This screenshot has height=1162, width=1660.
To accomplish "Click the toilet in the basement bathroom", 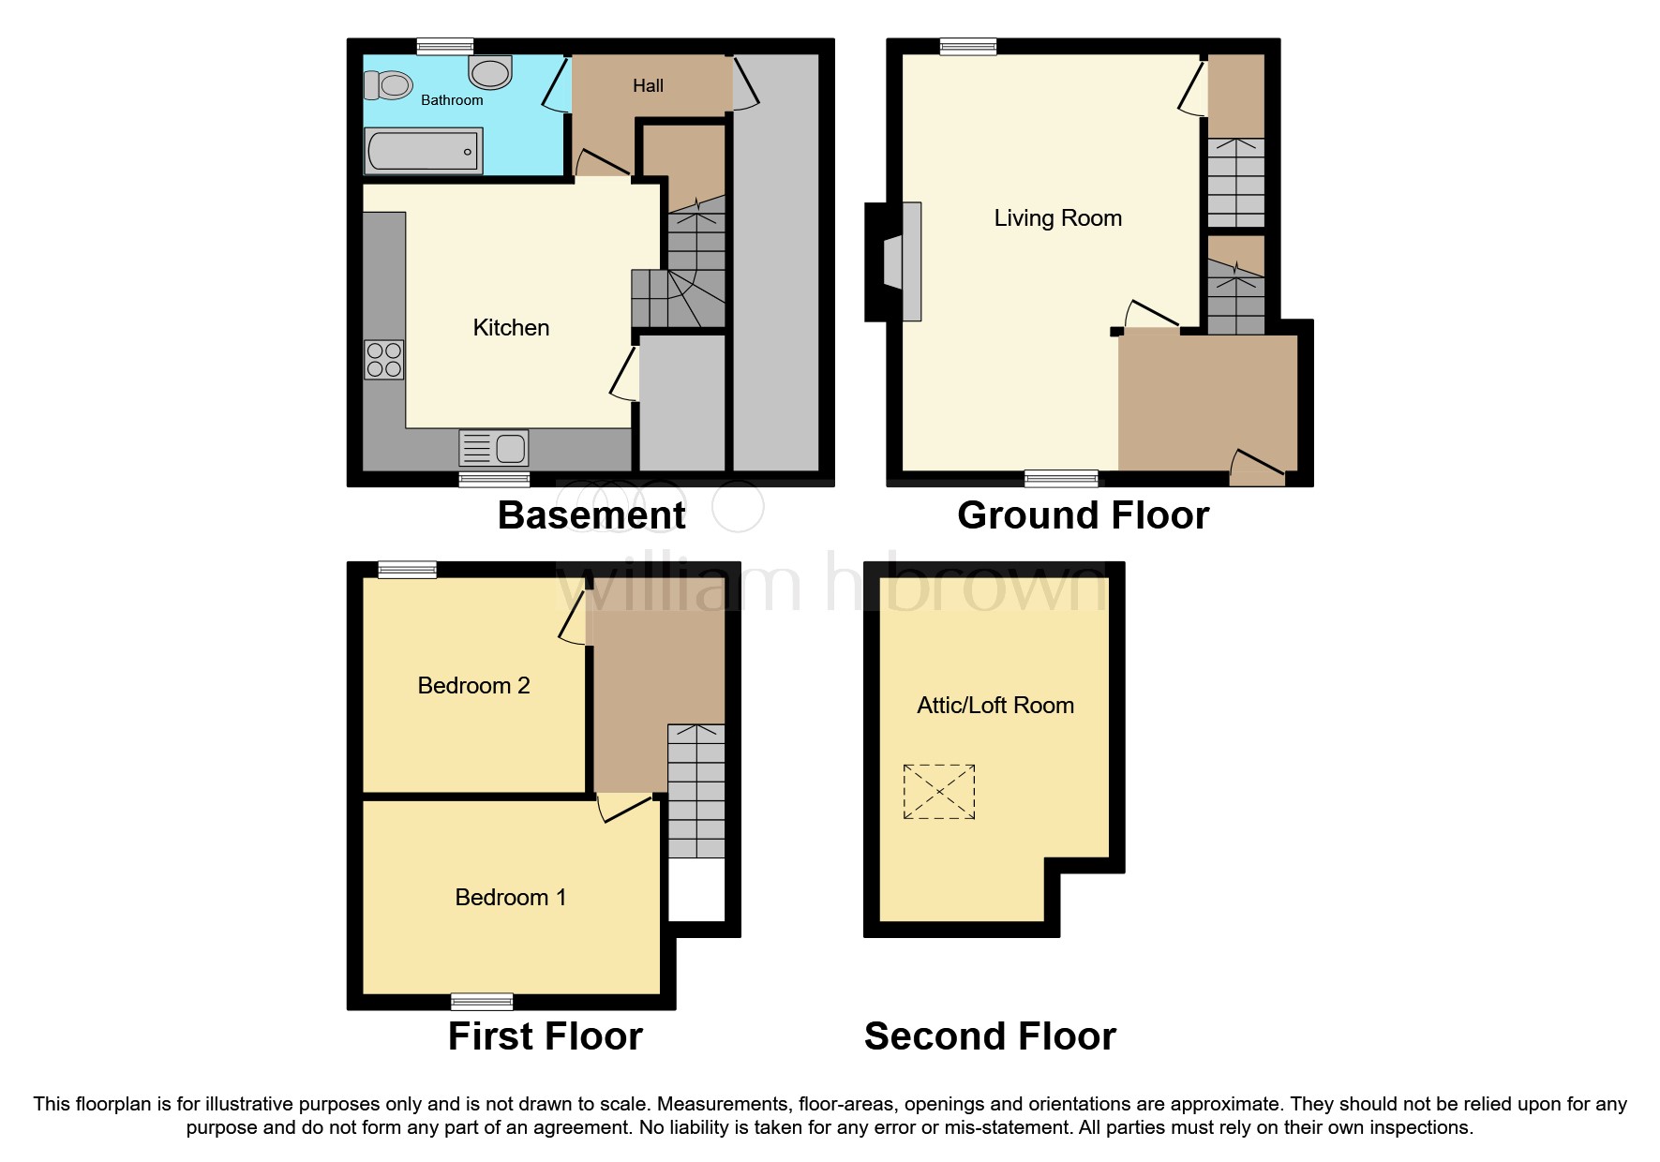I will click(x=389, y=85).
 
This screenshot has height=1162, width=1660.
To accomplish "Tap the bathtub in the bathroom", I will click(x=424, y=151).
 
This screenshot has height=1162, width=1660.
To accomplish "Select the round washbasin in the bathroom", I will click(x=490, y=71).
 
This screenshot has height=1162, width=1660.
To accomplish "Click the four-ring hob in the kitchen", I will click(x=384, y=360).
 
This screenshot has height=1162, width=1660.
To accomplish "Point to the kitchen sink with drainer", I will click(x=494, y=448).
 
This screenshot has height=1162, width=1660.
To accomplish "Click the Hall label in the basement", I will click(x=648, y=86).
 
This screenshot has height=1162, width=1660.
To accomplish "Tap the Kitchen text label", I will click(x=511, y=328).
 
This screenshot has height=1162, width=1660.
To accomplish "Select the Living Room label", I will click(x=1057, y=218).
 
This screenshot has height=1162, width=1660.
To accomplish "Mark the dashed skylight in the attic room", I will click(x=939, y=792).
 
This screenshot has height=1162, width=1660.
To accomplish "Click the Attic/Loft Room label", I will click(x=995, y=706).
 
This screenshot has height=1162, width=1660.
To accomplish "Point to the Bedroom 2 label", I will click(x=473, y=686).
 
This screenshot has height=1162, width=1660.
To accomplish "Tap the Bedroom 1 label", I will click(x=511, y=898).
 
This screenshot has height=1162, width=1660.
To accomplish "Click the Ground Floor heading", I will click(x=1083, y=515).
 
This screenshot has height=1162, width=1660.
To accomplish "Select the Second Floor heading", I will click(x=990, y=1036).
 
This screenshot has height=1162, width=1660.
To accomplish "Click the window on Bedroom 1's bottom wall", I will click(x=482, y=1002).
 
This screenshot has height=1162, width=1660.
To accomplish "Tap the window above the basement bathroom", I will click(x=445, y=46).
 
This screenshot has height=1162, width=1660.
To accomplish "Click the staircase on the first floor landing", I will click(x=695, y=791).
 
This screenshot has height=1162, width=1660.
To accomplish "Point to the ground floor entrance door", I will click(x=1256, y=466).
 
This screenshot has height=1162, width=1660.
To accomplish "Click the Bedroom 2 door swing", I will click(x=573, y=621).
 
